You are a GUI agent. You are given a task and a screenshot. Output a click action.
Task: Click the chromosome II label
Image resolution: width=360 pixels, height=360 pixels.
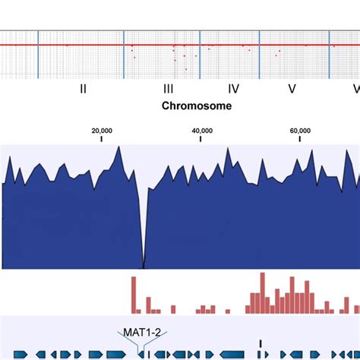click(x=84, y=89)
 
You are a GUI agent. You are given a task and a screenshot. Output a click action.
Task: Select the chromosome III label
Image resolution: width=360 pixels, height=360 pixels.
click(x=169, y=89)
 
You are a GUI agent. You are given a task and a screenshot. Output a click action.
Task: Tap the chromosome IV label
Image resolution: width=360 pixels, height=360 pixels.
click(x=234, y=89)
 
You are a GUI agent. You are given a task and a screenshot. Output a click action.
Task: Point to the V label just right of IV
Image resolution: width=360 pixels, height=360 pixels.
click(x=292, y=89)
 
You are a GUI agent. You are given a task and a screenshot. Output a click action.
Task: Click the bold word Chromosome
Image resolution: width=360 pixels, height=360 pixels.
click(x=197, y=106)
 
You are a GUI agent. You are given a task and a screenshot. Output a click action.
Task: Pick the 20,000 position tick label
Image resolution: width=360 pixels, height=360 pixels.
click(x=102, y=131)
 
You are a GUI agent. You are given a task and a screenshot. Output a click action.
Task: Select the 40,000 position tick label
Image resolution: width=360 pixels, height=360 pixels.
click(x=202, y=131)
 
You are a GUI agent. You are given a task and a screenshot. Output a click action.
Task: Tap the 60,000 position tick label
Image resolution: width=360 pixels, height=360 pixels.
click(x=301, y=131)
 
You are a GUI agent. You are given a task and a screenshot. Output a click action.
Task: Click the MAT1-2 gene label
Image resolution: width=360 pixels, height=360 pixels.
click(x=133, y=332)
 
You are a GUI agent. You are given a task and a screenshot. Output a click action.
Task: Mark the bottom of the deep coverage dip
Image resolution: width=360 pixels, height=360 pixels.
click(x=144, y=266)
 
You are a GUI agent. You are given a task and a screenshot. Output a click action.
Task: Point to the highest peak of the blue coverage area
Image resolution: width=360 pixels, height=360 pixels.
click(x=118, y=148)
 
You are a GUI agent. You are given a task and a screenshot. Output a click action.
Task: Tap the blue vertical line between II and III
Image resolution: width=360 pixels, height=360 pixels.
click(x=125, y=54)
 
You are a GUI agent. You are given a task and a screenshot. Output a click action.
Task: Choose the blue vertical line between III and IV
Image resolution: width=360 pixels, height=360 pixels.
click(x=200, y=54)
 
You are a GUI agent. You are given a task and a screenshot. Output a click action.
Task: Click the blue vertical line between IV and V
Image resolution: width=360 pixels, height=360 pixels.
click(x=260, y=54)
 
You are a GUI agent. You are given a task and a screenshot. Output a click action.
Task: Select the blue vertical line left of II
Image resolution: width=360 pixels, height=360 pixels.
click(x=38, y=54)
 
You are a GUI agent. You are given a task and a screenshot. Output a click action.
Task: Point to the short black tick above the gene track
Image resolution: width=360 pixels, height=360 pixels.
click(x=261, y=343)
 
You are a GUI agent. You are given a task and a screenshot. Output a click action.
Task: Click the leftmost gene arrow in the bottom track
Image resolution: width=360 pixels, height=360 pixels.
click(x=21, y=355)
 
